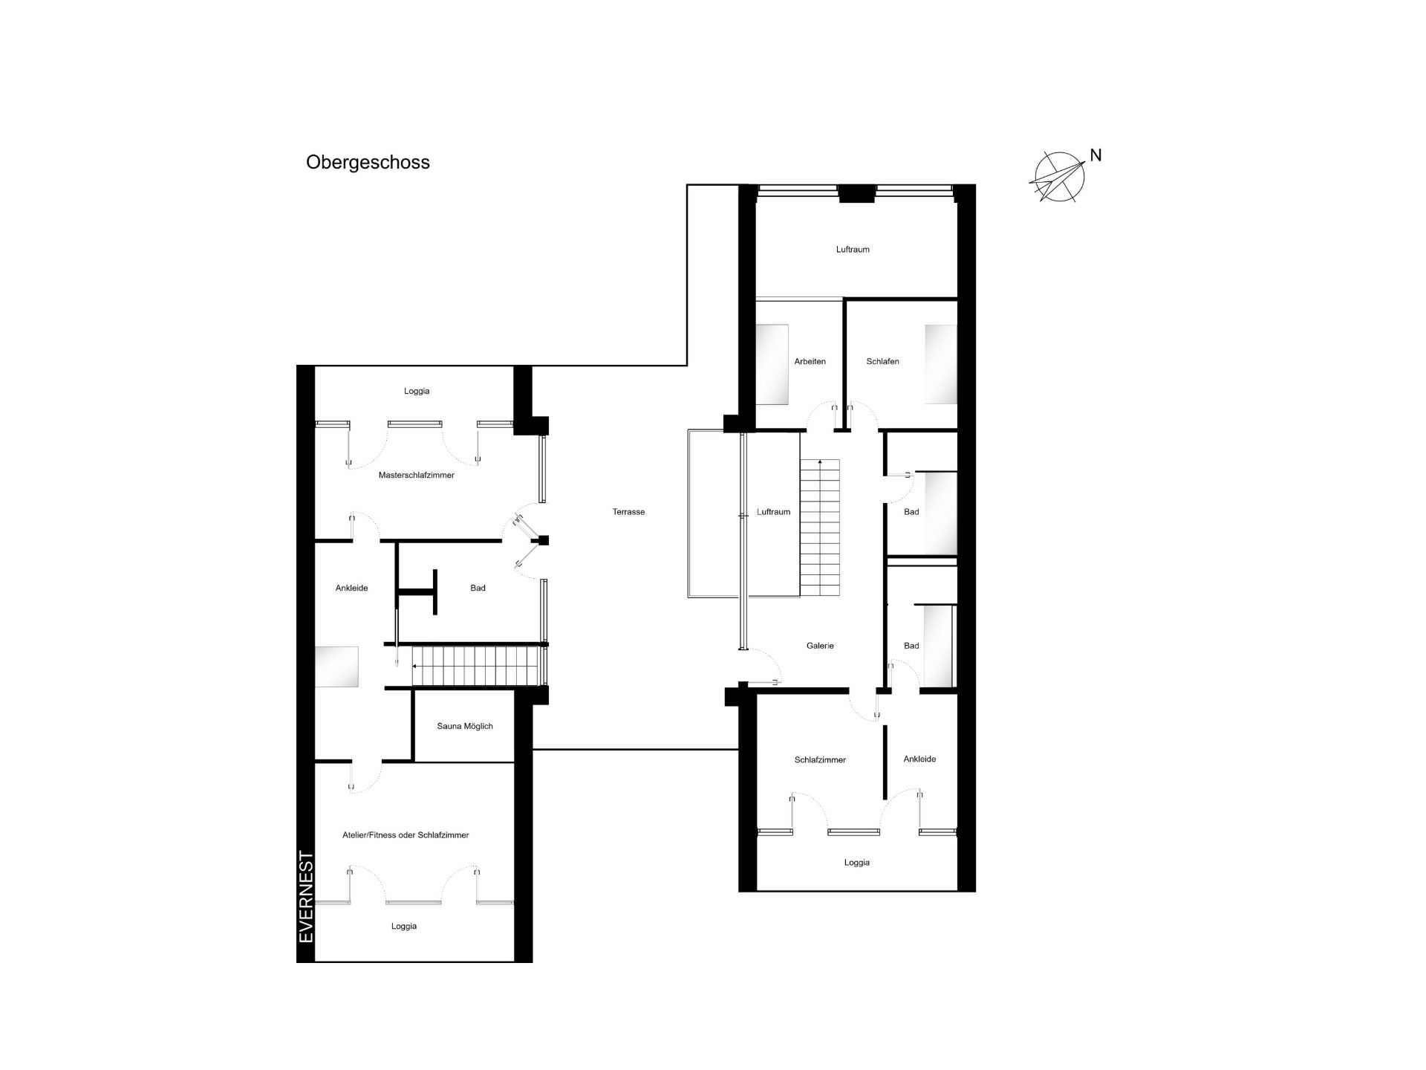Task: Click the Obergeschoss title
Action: [368, 163]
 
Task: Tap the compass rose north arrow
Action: [1056, 178]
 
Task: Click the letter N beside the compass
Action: [1095, 155]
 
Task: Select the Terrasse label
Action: [628, 512]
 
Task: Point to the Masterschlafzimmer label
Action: [416, 475]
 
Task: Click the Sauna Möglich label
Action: [465, 726]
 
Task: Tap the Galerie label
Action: [820, 646]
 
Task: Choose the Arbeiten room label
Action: [810, 362]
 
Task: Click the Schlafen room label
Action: [882, 362]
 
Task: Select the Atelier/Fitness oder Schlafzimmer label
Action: [406, 835]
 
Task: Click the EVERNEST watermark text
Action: [306, 897]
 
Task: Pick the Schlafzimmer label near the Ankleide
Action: [820, 760]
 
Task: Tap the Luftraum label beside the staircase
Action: [773, 512]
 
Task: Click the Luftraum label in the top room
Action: [853, 250]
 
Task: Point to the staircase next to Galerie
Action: [820, 528]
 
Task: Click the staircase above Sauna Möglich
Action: [475, 667]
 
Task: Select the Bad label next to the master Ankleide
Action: [478, 588]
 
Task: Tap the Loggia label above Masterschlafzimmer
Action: [417, 391]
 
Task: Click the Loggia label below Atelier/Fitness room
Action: [404, 927]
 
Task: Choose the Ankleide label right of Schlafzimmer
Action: [919, 759]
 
